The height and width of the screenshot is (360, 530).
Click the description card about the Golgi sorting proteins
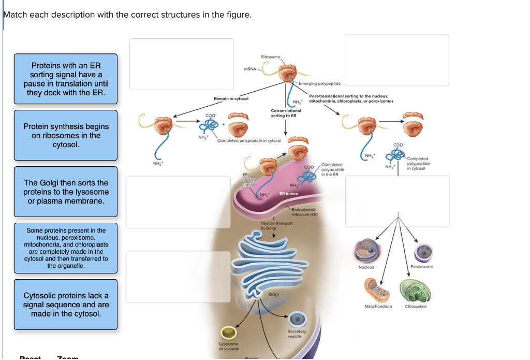click(66, 192)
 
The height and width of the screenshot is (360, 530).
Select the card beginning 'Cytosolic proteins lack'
click(66, 305)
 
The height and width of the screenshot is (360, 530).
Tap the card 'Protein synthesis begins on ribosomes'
click(66, 135)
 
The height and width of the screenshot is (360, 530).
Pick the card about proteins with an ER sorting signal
click(66, 79)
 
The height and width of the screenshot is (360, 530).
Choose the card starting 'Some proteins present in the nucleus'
click(66, 248)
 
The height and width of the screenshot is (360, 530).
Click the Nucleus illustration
click(366, 251)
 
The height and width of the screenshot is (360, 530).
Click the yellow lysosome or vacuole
click(229, 332)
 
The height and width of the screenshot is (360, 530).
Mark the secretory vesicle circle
click(297, 319)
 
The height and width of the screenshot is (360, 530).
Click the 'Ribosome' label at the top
click(271, 57)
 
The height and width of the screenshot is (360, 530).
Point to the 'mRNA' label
click(249, 69)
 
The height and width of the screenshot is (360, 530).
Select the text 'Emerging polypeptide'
click(319, 83)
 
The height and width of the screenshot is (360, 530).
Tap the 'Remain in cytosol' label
click(231, 98)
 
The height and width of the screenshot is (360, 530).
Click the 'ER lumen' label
click(288, 193)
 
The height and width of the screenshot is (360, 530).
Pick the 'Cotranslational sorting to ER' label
click(286, 113)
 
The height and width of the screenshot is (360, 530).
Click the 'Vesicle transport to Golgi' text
click(277, 225)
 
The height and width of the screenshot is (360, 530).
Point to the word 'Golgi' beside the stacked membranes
click(274, 294)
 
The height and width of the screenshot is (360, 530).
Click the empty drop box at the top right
click(397, 60)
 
